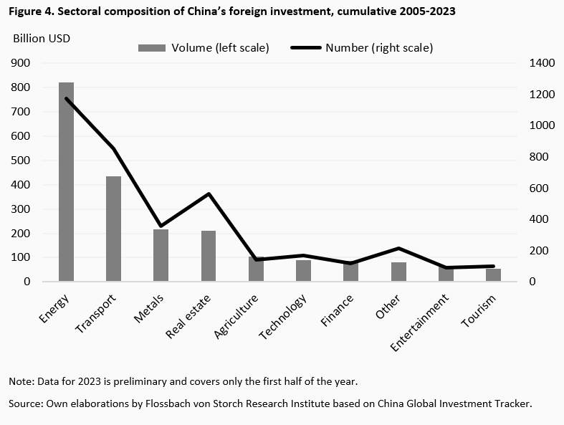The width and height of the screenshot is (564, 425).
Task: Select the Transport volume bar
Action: coord(113,228)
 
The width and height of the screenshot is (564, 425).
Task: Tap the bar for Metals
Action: coord(161,254)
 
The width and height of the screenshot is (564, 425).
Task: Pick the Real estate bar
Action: coord(209,255)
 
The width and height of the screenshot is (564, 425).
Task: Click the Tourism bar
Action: coord(493,274)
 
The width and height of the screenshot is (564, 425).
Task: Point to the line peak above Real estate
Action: coord(209,194)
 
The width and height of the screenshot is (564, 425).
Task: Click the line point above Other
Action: coord(398,248)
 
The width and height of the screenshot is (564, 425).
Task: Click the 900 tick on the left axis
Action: coord(21,63)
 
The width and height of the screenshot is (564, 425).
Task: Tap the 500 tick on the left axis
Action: coord(21,161)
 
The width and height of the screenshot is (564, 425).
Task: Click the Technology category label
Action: coord(285,317)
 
